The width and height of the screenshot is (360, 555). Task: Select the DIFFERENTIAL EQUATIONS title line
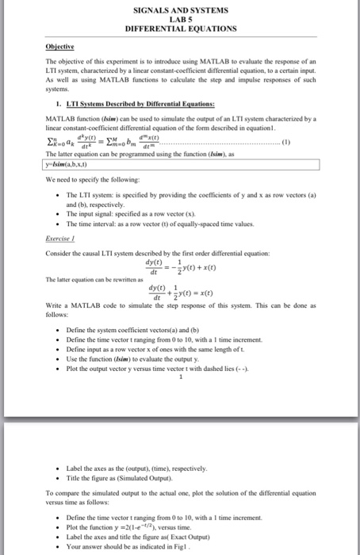click(180, 28)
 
